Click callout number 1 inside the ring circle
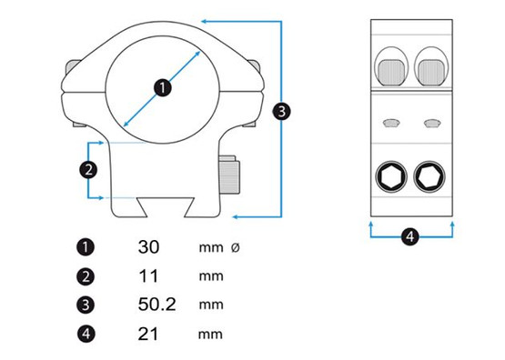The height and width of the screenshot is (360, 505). click(x=161, y=87)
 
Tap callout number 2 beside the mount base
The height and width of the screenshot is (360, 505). click(x=88, y=169)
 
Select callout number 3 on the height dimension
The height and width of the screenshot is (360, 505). click(x=282, y=111)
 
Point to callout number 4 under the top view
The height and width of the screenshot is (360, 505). click(x=409, y=236)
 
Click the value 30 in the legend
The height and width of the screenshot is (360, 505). click(x=149, y=247)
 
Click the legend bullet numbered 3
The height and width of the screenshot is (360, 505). click(x=86, y=305)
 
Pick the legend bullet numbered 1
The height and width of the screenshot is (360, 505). click(x=86, y=247)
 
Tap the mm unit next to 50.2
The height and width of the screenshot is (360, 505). click(x=209, y=305)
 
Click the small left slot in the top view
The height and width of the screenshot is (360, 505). click(x=391, y=122)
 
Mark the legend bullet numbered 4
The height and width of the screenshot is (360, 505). click(x=86, y=334)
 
